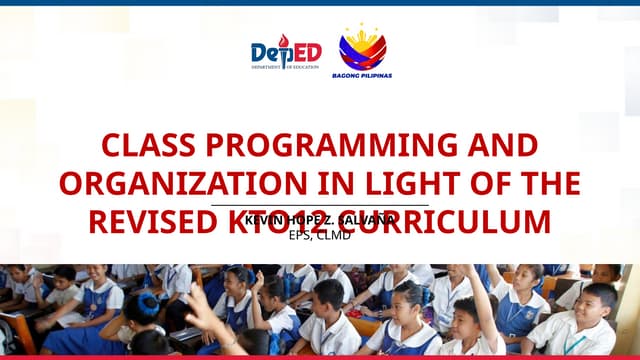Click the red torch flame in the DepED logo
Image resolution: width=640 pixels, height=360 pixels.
(282, 41)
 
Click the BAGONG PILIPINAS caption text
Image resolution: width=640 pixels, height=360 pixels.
(362, 75)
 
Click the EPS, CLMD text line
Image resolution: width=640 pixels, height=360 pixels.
(320, 236)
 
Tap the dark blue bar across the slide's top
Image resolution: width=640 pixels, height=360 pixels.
(320, 3)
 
